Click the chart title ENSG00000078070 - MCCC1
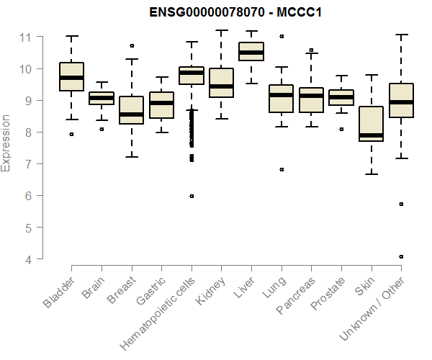click(x=235, y=13)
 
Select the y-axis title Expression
click(x=6, y=143)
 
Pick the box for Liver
click(x=251, y=52)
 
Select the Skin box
click(x=371, y=124)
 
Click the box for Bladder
click(x=72, y=77)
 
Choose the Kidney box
click(x=221, y=83)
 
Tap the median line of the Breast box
click(x=132, y=114)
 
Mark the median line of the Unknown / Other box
click(x=401, y=102)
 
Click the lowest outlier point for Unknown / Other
click(x=401, y=256)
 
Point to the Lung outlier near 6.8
click(x=282, y=170)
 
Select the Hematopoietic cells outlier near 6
click(x=192, y=196)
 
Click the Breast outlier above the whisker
click(x=132, y=45)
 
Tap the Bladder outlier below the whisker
click(x=72, y=134)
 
